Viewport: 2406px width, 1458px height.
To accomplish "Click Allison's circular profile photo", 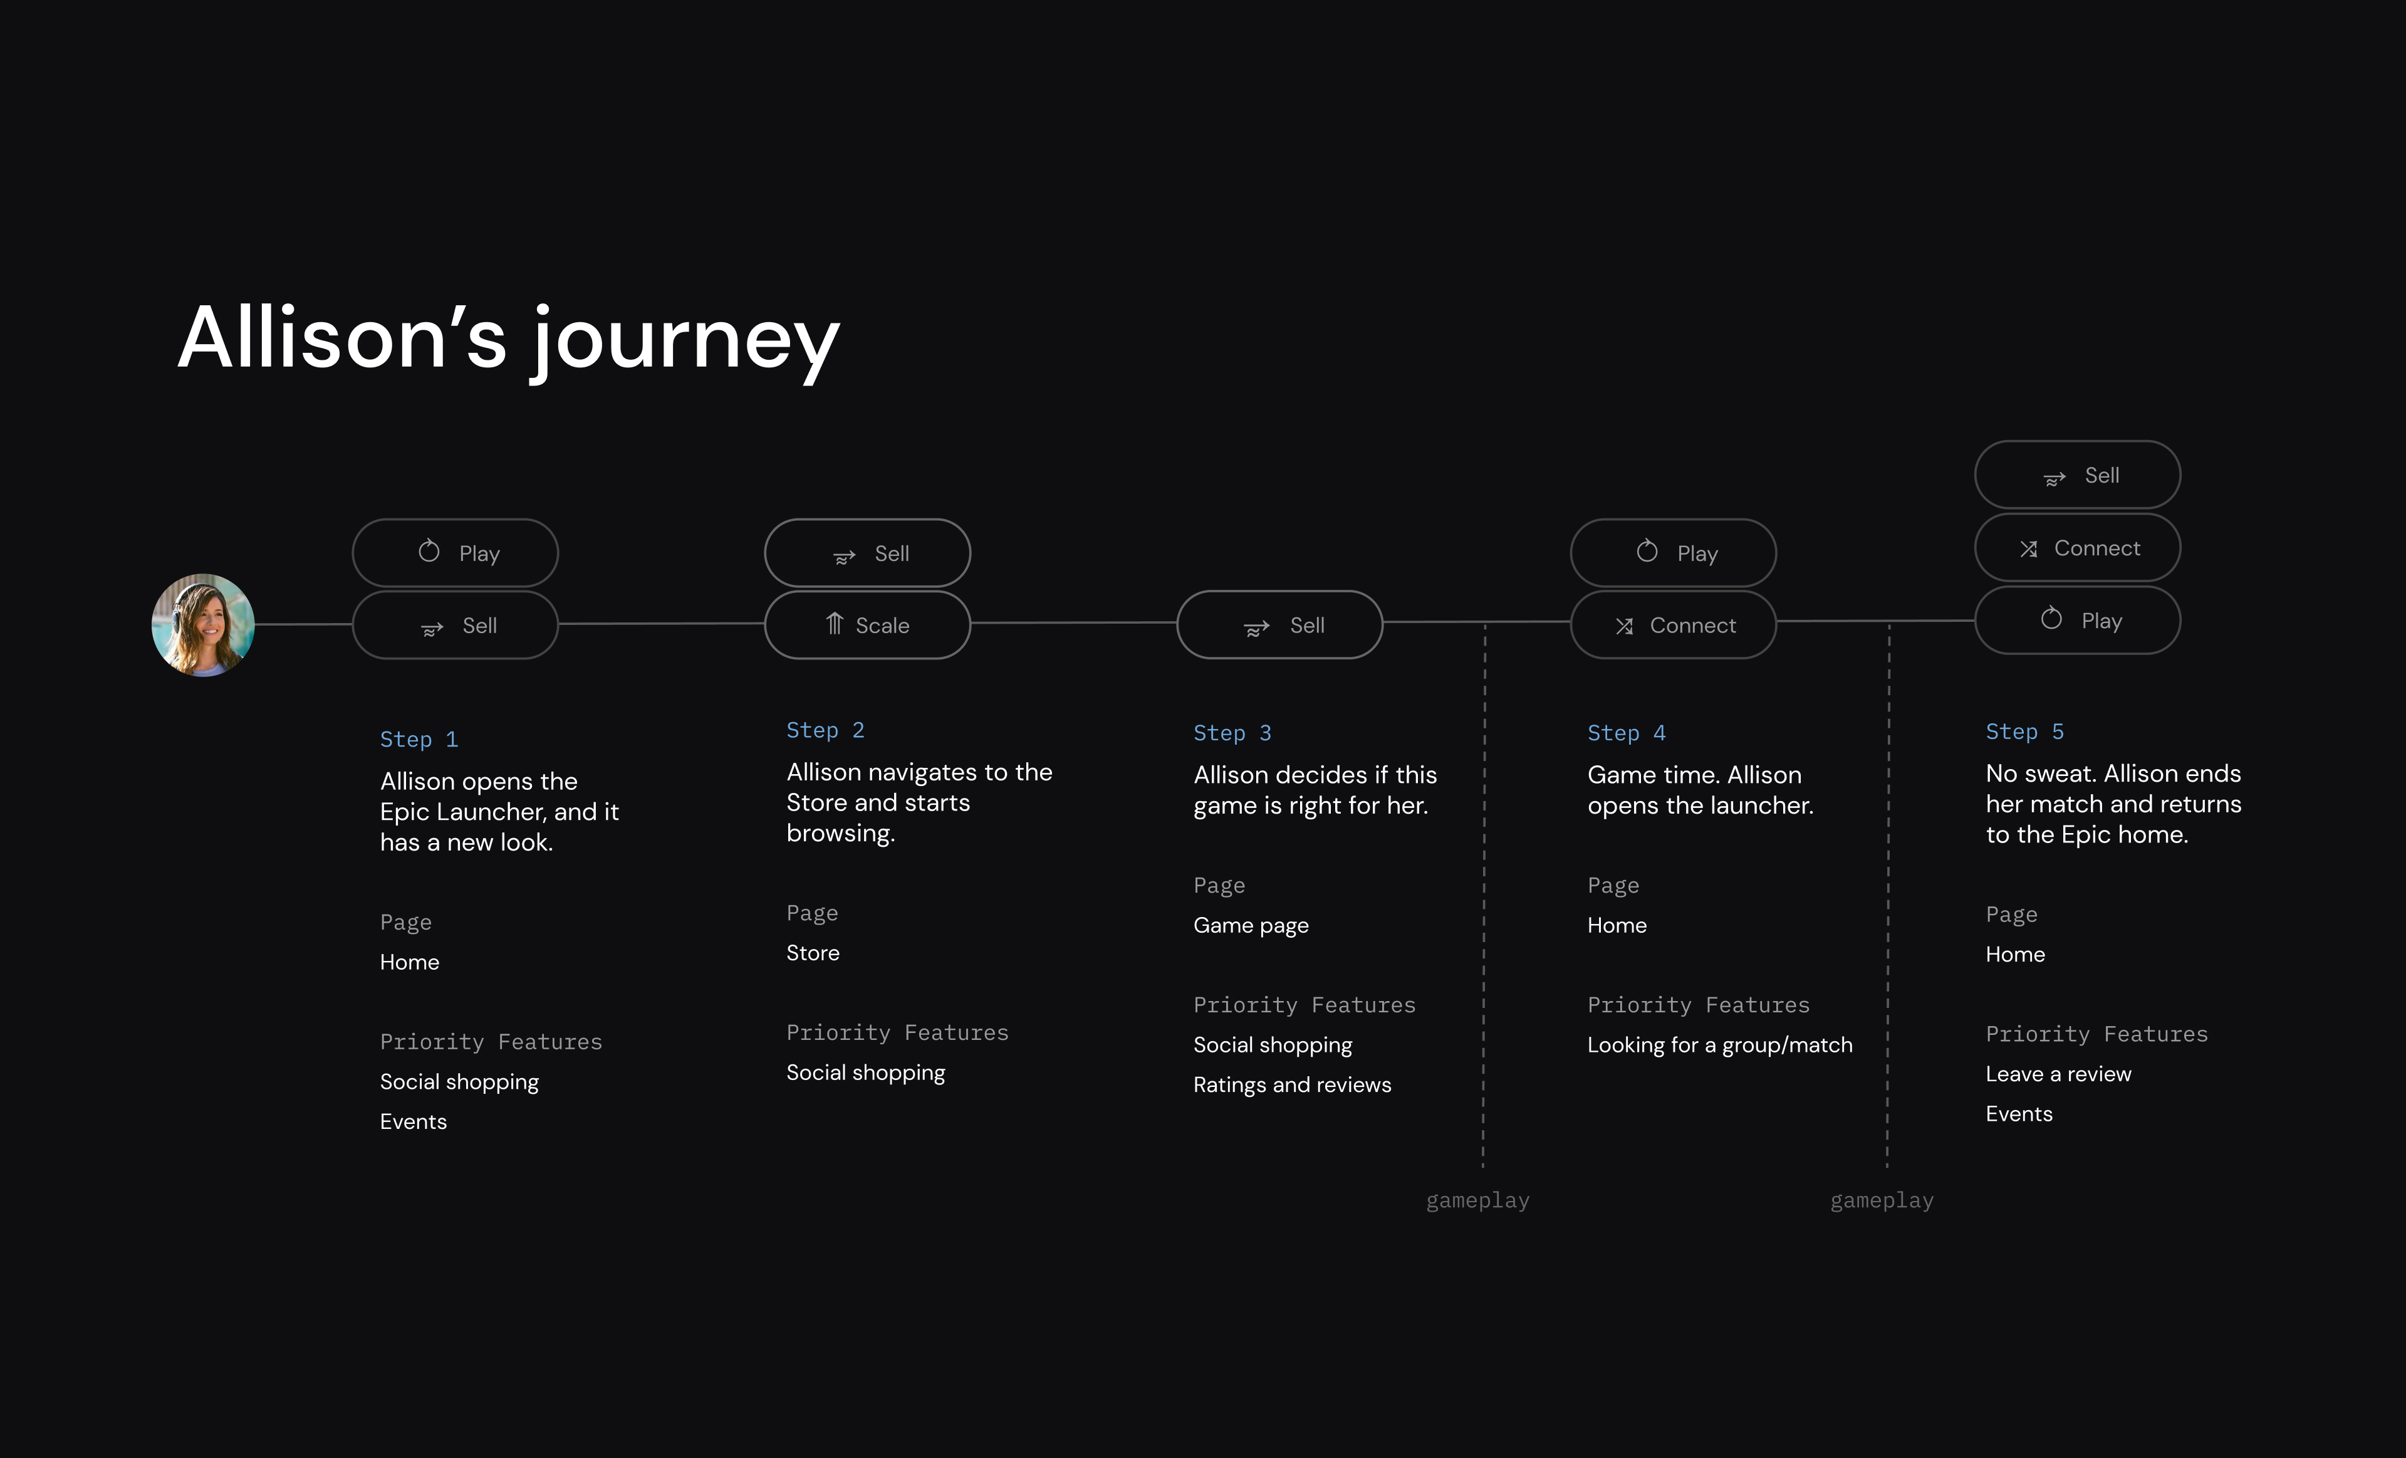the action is [203, 625].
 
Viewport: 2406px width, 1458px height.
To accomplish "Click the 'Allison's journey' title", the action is [509, 339].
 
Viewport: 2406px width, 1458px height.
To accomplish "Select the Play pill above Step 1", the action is [455, 553].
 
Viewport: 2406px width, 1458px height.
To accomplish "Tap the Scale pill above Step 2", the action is [867, 625].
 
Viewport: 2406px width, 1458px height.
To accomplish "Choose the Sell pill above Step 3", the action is [1280, 625].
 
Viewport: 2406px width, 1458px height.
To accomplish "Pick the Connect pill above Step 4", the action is [1674, 625].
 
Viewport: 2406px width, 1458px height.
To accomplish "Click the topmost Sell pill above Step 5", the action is [2078, 475].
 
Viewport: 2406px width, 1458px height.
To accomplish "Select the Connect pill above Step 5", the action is [2078, 548].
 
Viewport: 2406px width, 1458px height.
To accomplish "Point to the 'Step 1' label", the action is [419, 739].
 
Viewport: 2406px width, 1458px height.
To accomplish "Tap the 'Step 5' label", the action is [2025, 732].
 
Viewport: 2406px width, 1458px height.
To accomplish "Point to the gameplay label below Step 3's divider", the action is [1478, 1200].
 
